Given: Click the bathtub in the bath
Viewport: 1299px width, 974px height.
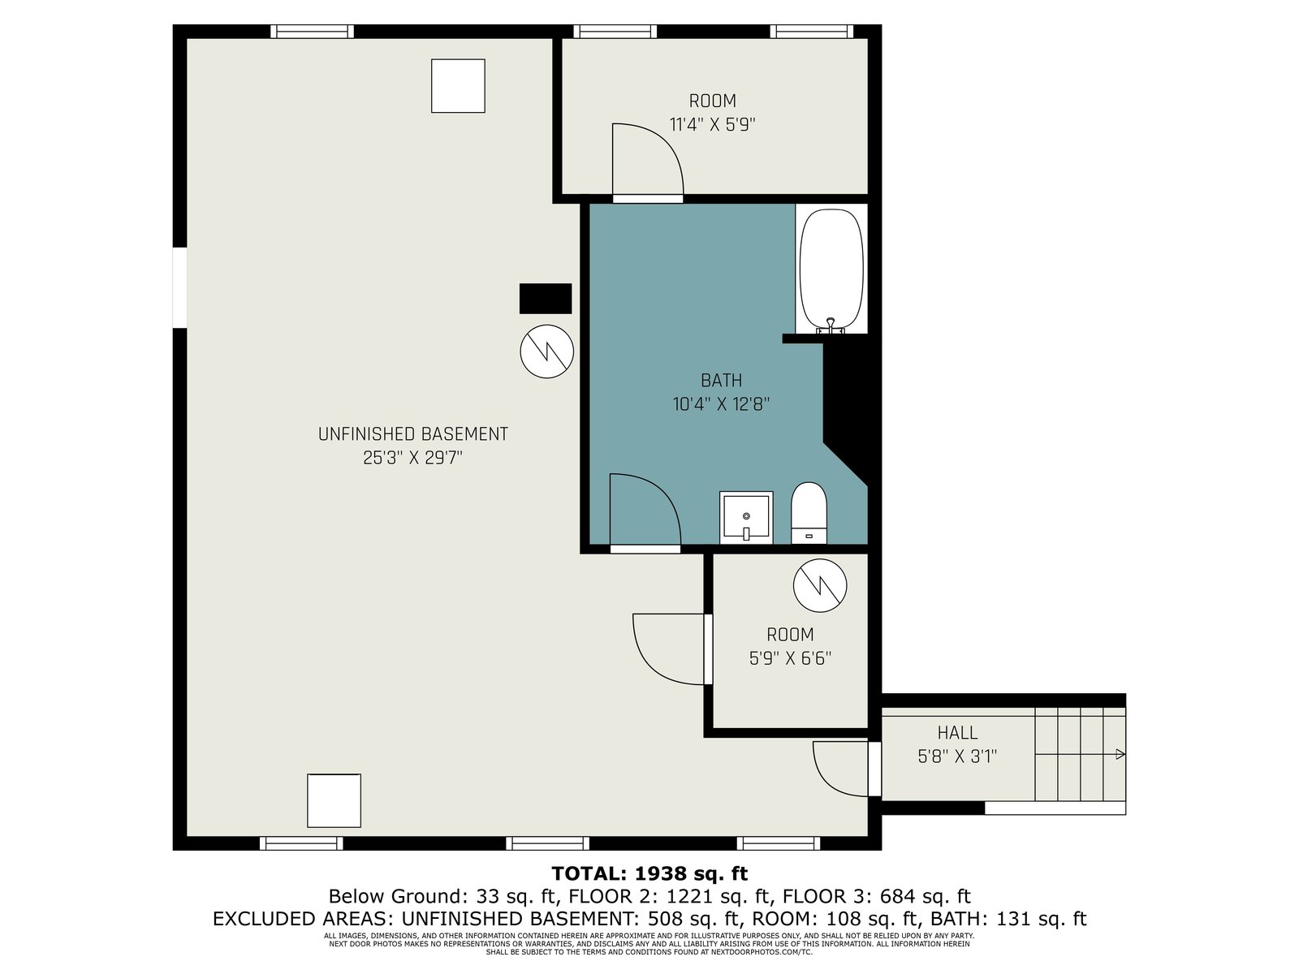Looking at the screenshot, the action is click(831, 269).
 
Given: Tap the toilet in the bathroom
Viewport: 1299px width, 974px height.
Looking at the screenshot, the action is click(809, 513).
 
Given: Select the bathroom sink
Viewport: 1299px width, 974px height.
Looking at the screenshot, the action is click(745, 518).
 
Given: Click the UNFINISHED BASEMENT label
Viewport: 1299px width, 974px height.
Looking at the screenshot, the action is click(413, 434).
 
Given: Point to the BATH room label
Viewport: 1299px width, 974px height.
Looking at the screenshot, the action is click(722, 380).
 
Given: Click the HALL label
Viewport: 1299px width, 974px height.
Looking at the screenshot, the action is click(957, 733).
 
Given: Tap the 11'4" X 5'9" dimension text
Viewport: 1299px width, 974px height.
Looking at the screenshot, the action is click(713, 125).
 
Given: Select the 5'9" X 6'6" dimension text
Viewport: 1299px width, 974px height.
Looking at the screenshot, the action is click(790, 658).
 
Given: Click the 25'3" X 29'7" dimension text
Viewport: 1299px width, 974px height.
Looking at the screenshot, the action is click(412, 458).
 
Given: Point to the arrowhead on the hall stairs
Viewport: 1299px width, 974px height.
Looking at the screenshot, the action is click(1120, 754).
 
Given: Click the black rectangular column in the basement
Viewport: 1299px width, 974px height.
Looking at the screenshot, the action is click(545, 299).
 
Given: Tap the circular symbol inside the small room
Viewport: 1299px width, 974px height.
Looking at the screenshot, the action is click(820, 585).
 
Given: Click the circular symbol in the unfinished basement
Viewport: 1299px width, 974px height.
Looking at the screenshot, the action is click(547, 351).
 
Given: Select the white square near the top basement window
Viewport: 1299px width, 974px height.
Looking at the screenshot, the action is click(458, 86).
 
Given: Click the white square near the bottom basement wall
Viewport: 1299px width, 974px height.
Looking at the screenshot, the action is click(334, 801).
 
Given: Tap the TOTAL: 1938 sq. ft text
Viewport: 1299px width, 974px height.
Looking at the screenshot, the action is click(649, 873).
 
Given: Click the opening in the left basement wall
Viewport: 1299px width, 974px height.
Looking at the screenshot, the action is click(180, 287).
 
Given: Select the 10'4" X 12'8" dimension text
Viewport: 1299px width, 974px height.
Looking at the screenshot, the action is click(721, 404).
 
